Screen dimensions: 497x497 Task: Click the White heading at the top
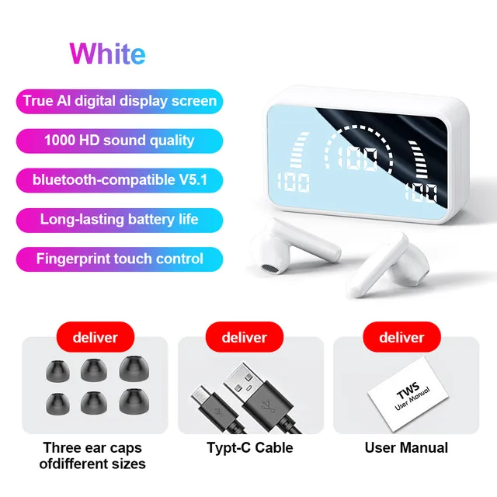[x=107, y=53]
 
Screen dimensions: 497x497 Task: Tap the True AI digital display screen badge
[x=119, y=101]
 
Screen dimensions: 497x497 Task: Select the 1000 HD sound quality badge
[x=119, y=141]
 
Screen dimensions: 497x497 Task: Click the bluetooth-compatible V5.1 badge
[x=119, y=180]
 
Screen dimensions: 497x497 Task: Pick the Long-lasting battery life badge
[x=119, y=219]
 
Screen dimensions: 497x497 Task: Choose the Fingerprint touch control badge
[x=119, y=259]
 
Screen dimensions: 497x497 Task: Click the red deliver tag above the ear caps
[x=95, y=338]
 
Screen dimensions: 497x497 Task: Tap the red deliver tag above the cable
[x=244, y=338]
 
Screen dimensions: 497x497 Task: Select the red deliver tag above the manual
[x=401, y=338]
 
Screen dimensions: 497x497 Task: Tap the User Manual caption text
[x=406, y=448]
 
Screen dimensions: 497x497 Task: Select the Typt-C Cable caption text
[x=250, y=448]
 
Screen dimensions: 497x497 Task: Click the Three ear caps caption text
[x=93, y=456]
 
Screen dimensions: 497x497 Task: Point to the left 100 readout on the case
[x=292, y=183]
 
